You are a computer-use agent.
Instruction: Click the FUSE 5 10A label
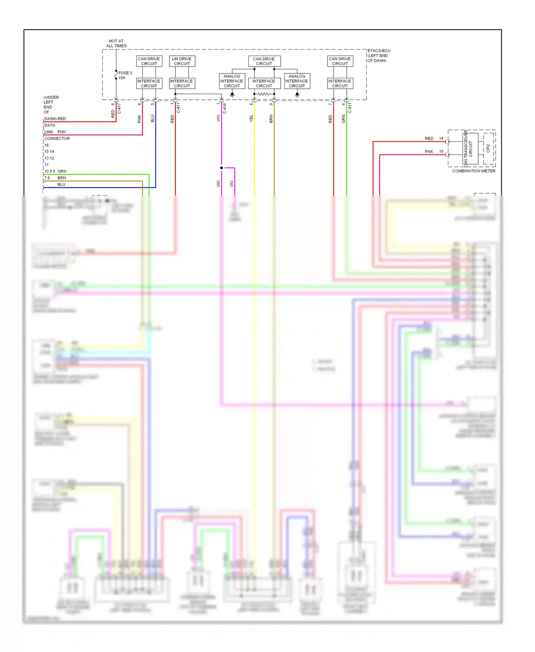click(x=125, y=75)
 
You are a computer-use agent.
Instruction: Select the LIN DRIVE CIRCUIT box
click(x=182, y=61)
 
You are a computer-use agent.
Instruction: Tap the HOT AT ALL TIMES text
click(x=116, y=44)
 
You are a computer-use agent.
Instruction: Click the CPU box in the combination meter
click(x=488, y=148)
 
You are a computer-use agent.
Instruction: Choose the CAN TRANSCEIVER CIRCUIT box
click(x=470, y=148)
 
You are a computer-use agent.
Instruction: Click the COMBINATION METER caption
click(x=474, y=171)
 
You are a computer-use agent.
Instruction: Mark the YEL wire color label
click(x=251, y=119)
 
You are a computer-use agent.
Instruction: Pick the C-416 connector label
click(x=225, y=108)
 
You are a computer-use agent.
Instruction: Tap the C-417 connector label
click(x=119, y=108)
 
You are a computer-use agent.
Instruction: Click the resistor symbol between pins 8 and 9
click(x=264, y=94)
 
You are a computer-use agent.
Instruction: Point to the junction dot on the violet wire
click(x=221, y=168)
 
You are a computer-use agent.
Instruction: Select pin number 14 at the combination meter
click(x=441, y=138)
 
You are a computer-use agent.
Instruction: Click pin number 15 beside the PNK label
click(x=441, y=152)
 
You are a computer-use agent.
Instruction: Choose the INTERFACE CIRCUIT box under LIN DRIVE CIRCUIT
click(x=182, y=83)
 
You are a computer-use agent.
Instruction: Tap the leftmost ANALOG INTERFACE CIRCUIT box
click(x=232, y=81)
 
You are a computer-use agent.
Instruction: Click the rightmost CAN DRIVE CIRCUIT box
click(x=340, y=61)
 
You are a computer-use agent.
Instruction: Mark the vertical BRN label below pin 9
click(x=271, y=119)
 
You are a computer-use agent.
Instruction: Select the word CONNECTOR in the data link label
click(x=57, y=138)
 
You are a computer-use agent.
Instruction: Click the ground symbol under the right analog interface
click(x=297, y=95)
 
